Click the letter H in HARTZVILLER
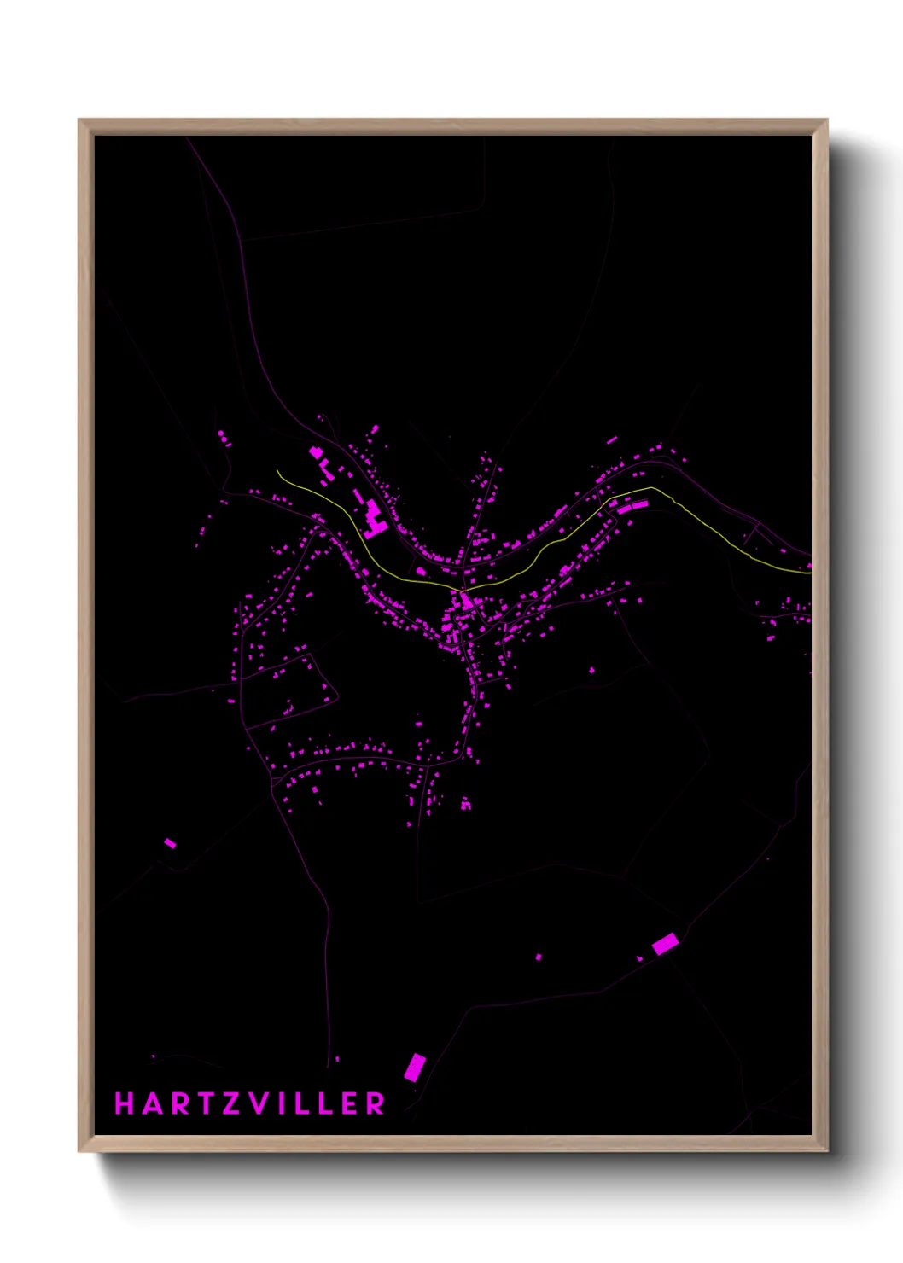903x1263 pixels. [x=125, y=1103]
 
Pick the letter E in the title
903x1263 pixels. [x=349, y=1103]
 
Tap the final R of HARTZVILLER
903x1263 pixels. [x=376, y=1103]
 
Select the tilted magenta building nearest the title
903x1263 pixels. [x=415, y=1067]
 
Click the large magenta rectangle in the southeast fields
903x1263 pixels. [x=665, y=944]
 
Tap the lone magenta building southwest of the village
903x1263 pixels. [x=170, y=843]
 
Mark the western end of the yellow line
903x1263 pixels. [x=277, y=471]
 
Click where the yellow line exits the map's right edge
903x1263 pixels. [x=809, y=573]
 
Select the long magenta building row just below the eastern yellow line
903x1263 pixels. [x=632, y=507]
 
